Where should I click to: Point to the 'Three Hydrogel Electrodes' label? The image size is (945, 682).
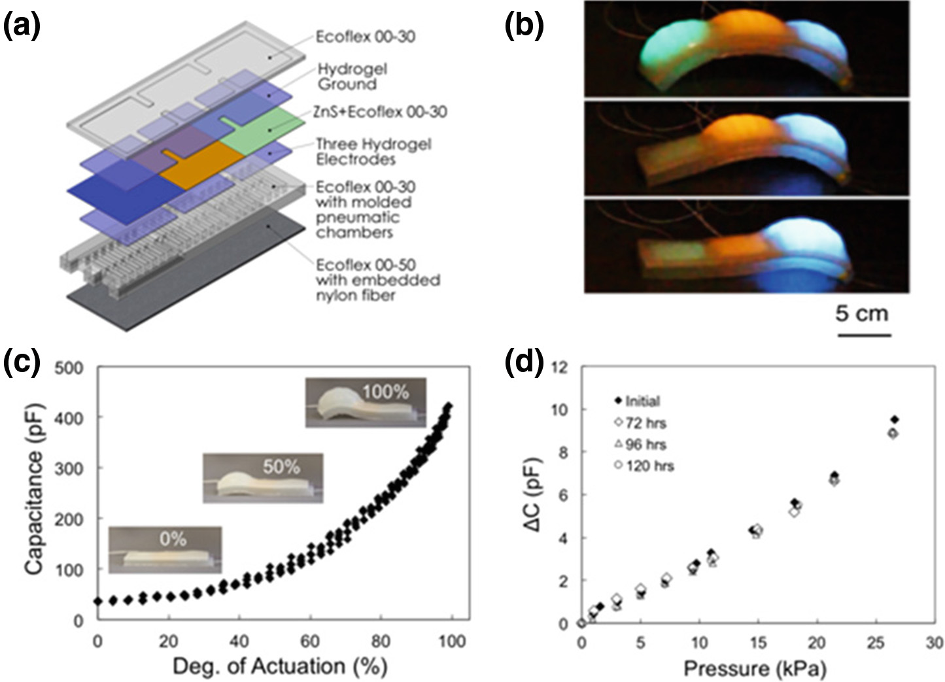[x=373, y=151]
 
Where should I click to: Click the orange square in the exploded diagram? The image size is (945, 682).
[x=199, y=167]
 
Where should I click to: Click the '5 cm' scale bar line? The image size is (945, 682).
[x=864, y=335]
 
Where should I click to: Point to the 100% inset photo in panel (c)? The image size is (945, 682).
[x=366, y=402]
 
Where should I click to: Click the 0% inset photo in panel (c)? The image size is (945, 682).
[x=164, y=549]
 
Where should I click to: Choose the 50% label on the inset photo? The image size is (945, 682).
[x=282, y=466]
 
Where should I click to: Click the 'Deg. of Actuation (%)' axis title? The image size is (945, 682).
[x=280, y=666]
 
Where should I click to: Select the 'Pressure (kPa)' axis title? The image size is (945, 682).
[x=755, y=668]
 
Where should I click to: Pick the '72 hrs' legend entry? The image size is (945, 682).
[x=644, y=423]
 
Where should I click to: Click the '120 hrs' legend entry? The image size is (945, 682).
[x=647, y=466]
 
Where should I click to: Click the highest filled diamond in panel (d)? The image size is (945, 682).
[x=895, y=419]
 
